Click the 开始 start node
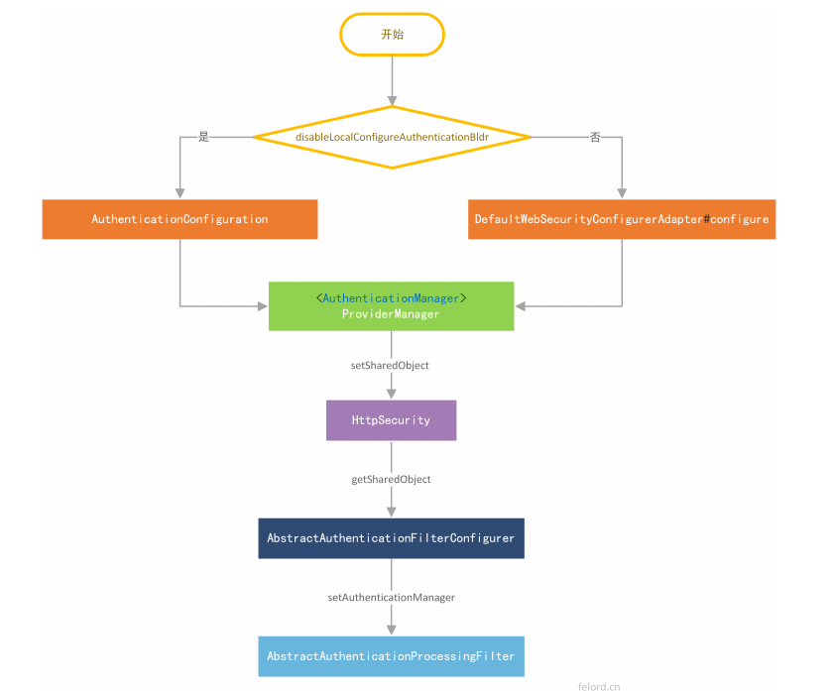coord(392,34)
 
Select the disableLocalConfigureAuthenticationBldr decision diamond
coord(392,137)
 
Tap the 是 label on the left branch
coord(204,137)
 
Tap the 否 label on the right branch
coord(595,137)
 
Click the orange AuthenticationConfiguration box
coord(179,219)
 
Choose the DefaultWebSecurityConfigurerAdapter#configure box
coord(622,219)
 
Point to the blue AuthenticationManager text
coord(391,297)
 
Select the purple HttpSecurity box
coord(391,420)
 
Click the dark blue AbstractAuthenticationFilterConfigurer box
coord(391,538)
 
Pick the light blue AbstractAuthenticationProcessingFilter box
coord(391,656)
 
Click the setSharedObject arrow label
coord(390,365)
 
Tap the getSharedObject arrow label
coord(391,479)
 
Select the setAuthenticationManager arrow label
coord(391,598)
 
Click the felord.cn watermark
coord(599,684)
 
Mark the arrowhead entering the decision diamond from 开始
coord(392,100)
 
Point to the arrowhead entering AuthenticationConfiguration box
coord(179,193)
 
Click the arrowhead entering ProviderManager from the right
coord(521,305)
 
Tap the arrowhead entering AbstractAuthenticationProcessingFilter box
coord(391,630)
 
